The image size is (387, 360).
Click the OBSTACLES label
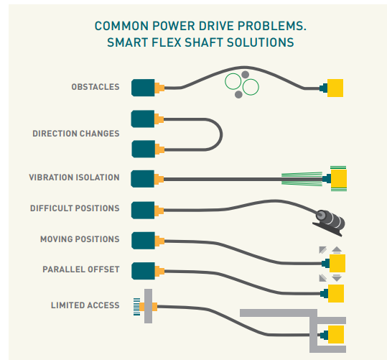coord(95,87)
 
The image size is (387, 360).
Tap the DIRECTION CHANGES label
coord(76,134)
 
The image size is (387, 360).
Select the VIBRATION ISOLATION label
coord(74,177)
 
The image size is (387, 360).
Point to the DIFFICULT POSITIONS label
coord(75,208)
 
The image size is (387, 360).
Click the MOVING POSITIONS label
coord(80,239)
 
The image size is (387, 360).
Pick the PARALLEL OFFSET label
coord(81,269)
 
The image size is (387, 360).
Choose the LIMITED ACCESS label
coord(85,305)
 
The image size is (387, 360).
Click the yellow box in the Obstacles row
coord(335,88)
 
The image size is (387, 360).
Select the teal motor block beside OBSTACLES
coord(143,88)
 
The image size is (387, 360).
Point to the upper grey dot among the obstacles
coord(245,75)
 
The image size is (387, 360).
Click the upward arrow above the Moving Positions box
coord(337,250)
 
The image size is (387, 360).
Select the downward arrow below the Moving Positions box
coord(337,278)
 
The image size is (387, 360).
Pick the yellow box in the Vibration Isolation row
coord(339,178)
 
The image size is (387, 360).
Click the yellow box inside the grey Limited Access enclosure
coord(336,334)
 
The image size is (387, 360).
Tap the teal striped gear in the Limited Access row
coord(136,307)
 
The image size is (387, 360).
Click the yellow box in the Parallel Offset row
coord(336,293)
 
